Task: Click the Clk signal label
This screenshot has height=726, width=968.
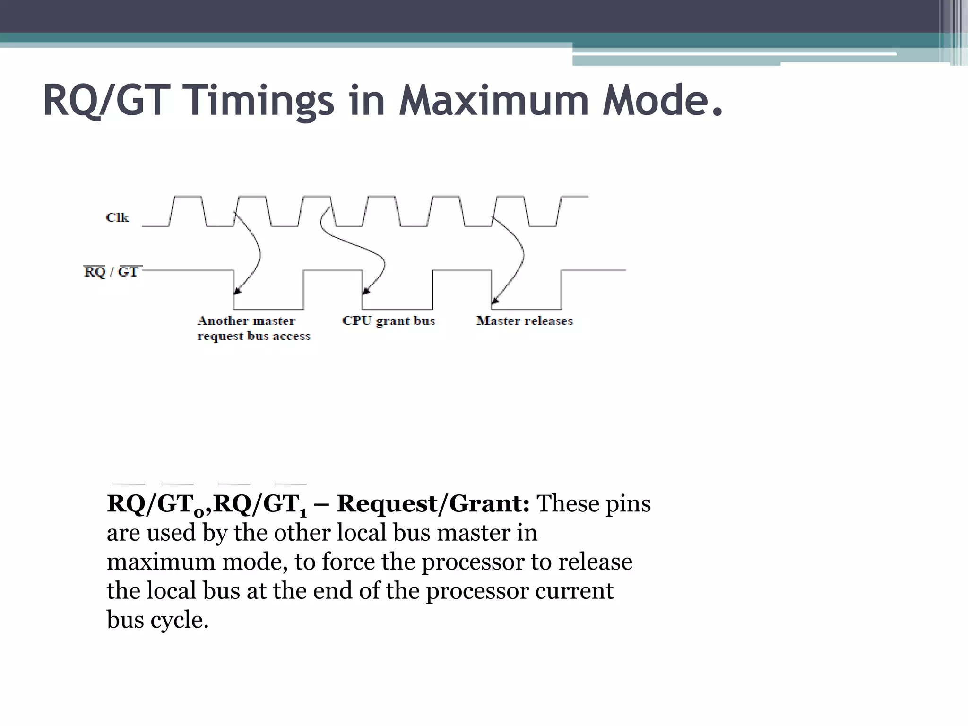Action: [117, 217]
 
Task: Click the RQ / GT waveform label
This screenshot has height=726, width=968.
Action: [112, 272]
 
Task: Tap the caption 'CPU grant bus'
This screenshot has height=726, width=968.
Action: [389, 321]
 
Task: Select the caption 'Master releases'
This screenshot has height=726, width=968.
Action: [524, 321]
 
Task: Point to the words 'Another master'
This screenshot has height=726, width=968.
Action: [246, 321]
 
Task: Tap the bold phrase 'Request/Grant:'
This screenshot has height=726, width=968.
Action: [433, 504]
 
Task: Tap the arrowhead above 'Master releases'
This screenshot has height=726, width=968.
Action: [494, 300]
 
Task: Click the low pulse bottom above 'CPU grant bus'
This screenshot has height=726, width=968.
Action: [398, 309]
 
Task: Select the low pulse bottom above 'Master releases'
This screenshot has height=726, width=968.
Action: [526, 309]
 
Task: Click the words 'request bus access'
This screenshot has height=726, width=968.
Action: [254, 337]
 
